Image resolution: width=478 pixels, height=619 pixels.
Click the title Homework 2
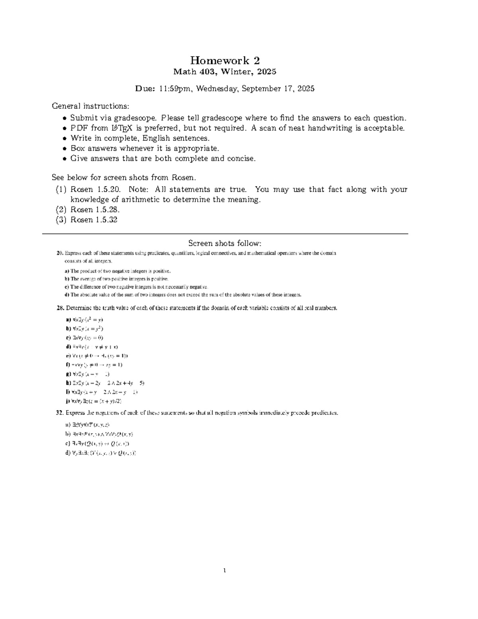pyautogui.click(x=225, y=61)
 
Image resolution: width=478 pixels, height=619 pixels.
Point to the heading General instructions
pyautogui.click(x=90, y=106)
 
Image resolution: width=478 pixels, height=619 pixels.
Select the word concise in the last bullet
pyautogui.click(x=240, y=159)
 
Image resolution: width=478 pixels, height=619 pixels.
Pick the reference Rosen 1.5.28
pyautogui.click(x=95, y=210)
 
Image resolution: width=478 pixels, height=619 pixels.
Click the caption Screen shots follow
pyautogui.click(x=225, y=244)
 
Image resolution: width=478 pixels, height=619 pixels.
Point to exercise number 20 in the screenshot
pyautogui.click(x=60, y=253)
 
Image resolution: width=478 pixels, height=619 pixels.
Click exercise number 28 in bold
pyautogui.click(x=60, y=308)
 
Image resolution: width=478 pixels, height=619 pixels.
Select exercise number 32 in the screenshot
pyautogui.click(x=60, y=413)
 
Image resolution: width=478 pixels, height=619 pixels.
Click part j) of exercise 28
pyautogui.click(x=68, y=401)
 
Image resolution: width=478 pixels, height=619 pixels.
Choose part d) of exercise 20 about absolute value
pyautogui.click(x=67, y=295)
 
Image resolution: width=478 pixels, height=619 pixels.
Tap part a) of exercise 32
pyautogui.click(x=67, y=425)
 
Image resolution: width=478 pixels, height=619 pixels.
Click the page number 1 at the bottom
pyautogui.click(x=225, y=570)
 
